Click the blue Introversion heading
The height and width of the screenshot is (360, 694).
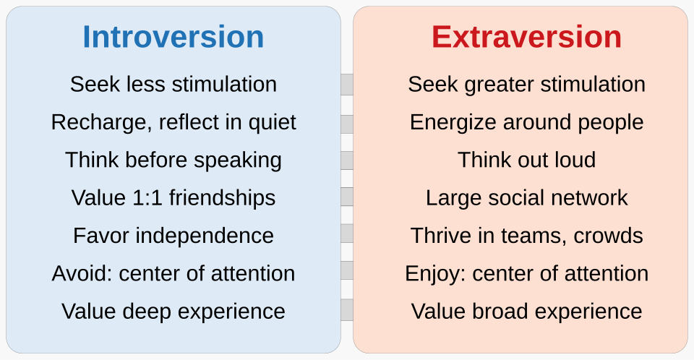tap(173, 37)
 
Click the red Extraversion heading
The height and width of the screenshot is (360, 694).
tap(526, 37)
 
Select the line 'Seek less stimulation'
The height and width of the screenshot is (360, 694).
tap(173, 85)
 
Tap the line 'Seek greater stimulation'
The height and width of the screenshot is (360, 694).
tap(526, 85)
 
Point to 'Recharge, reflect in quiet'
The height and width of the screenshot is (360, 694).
tap(173, 122)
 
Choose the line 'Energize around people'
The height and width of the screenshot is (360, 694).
tap(526, 122)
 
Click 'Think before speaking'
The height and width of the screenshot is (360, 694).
tap(173, 160)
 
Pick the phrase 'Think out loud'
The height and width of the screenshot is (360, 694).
tap(526, 160)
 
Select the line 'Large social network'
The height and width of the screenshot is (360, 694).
tap(526, 197)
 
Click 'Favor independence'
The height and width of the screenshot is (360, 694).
tap(173, 236)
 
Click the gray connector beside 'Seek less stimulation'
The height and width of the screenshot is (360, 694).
tap(347, 85)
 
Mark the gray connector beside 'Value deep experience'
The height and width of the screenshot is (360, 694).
tap(347, 311)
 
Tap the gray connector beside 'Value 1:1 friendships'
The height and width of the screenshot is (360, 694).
tap(347, 197)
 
